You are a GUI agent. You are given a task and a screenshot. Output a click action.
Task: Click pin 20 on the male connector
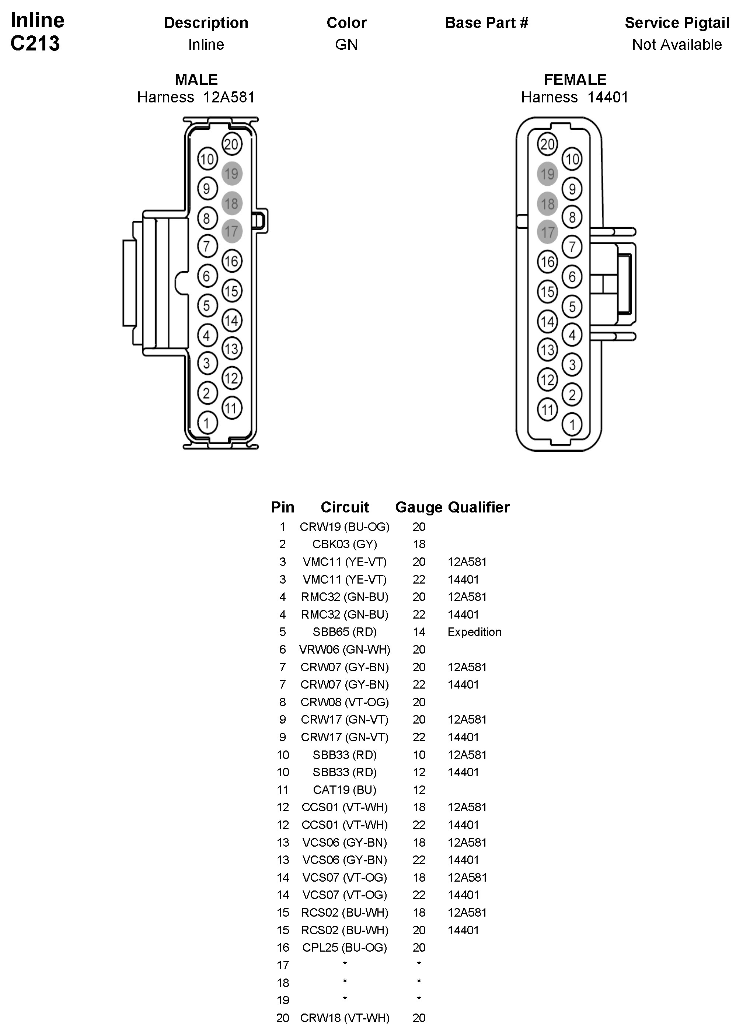pyautogui.click(x=232, y=144)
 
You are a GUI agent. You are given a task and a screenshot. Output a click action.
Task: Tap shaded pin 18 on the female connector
pyautogui.click(x=547, y=204)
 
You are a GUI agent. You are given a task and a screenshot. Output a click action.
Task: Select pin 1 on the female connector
pyautogui.click(x=572, y=425)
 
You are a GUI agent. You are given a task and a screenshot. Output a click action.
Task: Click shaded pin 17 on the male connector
pyautogui.click(x=232, y=231)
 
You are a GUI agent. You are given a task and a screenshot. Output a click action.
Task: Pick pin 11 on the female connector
pyautogui.click(x=547, y=409)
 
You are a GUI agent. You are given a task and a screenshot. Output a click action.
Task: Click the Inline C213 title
pyautogui.click(x=36, y=32)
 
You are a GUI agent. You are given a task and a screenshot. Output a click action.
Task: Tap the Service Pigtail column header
pyautogui.click(x=676, y=23)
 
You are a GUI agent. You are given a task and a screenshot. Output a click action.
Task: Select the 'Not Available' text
pyautogui.click(x=676, y=45)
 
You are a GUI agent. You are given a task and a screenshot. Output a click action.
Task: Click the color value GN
pyautogui.click(x=346, y=45)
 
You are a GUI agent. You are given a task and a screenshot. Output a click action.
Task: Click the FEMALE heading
pyautogui.click(x=575, y=80)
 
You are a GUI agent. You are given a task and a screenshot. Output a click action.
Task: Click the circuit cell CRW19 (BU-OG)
pyautogui.click(x=345, y=527)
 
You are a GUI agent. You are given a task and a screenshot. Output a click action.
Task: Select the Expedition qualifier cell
pyautogui.click(x=474, y=632)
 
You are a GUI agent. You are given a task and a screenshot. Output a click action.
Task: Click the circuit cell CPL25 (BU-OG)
pyautogui.click(x=345, y=947)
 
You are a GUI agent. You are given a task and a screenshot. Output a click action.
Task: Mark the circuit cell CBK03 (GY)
pyautogui.click(x=345, y=544)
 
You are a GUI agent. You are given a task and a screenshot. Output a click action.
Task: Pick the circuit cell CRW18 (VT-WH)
pyautogui.click(x=345, y=1018)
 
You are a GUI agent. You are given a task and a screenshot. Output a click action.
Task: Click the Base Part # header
pyautogui.click(x=486, y=23)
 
